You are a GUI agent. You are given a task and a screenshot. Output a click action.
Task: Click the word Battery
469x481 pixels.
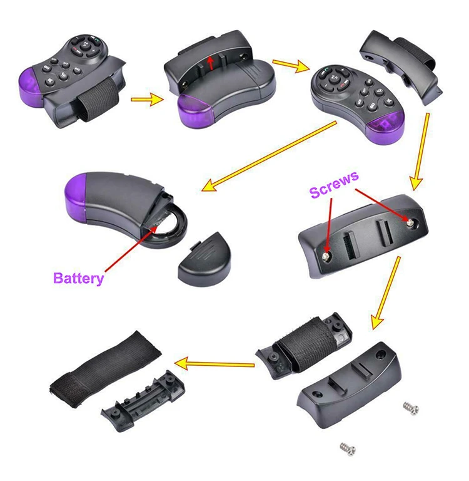[78, 278]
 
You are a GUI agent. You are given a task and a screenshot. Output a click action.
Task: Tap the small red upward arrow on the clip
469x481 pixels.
[211, 61]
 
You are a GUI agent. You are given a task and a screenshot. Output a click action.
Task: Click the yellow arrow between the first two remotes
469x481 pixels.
[148, 98]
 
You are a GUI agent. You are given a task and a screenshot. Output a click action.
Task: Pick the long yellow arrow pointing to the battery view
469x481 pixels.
[269, 157]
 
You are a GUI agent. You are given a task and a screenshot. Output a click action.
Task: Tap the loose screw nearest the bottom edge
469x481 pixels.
[345, 448]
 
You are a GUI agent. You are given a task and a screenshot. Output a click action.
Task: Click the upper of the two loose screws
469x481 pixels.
[410, 408]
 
